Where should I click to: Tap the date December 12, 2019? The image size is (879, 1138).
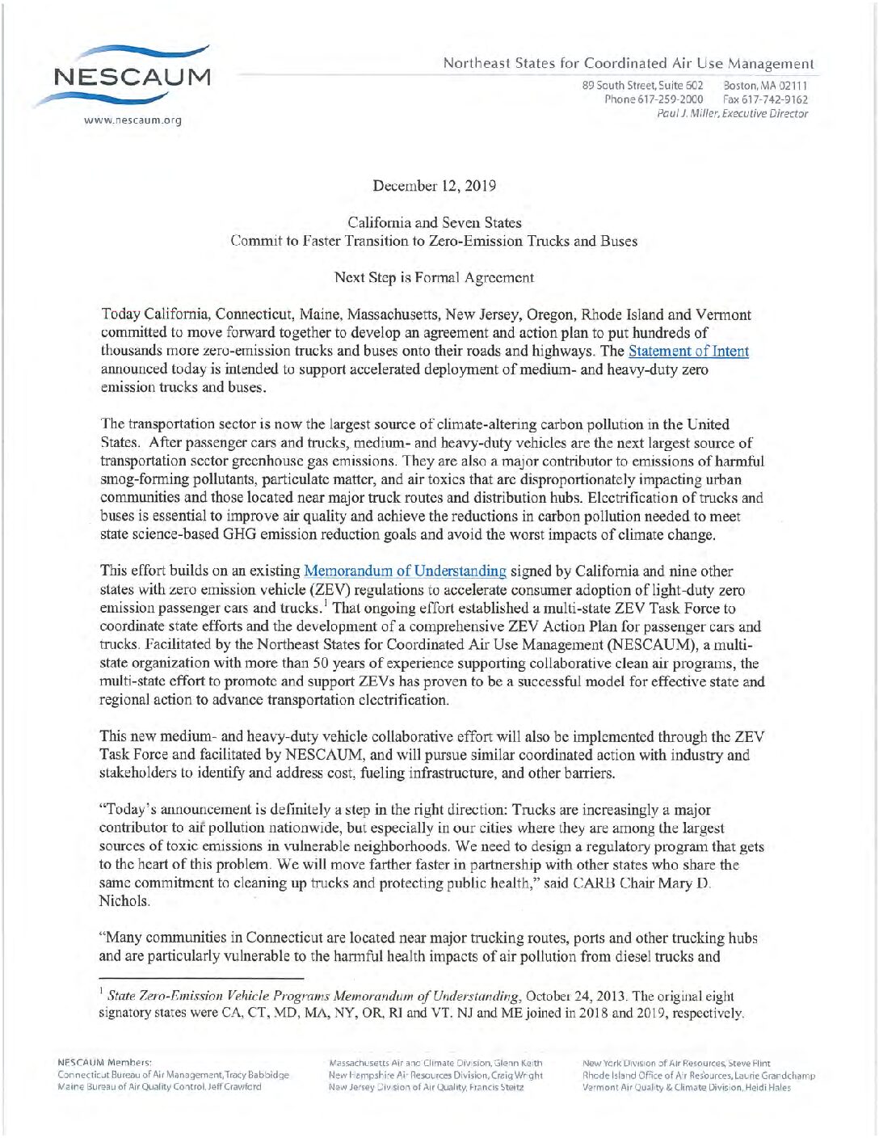click(x=435, y=186)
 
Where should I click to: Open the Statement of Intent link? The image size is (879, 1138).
click(x=688, y=352)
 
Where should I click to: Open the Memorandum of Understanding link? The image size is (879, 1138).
click(x=405, y=571)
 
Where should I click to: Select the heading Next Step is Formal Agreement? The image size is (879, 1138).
click(x=434, y=277)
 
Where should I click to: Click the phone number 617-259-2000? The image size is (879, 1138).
click(x=654, y=99)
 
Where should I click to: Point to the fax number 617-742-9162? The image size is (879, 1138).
click(x=766, y=99)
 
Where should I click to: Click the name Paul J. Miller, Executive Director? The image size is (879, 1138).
click(x=732, y=114)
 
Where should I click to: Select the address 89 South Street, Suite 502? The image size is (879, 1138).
click(x=642, y=85)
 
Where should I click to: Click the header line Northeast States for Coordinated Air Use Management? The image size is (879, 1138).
click(x=628, y=63)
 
